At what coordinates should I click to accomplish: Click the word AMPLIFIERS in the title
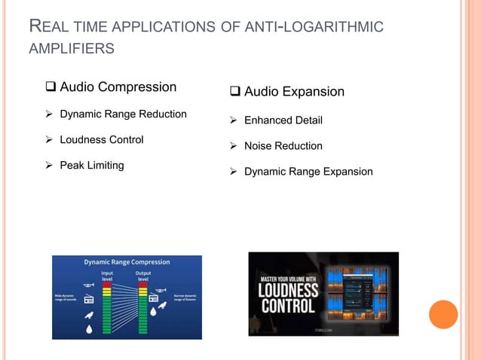(x=72, y=49)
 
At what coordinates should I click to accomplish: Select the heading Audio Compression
(x=118, y=87)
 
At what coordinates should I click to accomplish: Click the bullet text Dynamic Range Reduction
(x=123, y=114)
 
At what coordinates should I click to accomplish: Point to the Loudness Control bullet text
(x=101, y=139)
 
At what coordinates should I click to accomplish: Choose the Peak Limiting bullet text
(x=92, y=164)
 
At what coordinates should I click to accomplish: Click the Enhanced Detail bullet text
(x=283, y=120)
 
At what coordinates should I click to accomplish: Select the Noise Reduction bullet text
(x=283, y=145)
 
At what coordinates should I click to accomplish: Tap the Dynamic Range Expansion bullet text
(x=308, y=171)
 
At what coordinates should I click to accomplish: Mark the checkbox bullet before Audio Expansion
(x=235, y=93)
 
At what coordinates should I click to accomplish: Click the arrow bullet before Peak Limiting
(x=51, y=165)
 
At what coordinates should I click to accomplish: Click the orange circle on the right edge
(x=443, y=313)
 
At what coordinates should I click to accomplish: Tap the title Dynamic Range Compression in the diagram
(x=126, y=262)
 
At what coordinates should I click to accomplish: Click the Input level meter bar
(x=107, y=309)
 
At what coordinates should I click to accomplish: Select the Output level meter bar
(x=142, y=309)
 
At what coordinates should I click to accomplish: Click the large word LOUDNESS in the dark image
(x=287, y=290)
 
